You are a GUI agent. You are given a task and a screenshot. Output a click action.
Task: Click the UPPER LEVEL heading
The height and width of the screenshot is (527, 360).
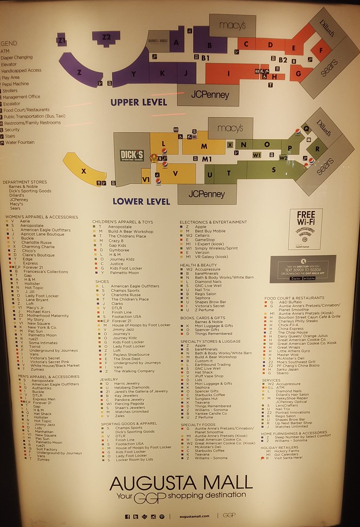click(x=139, y=102)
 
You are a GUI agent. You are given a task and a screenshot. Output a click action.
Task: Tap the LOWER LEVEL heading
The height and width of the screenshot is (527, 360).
click(x=141, y=201)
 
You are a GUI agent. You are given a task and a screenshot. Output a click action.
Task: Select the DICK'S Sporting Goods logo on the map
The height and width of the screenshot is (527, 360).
click(x=132, y=155)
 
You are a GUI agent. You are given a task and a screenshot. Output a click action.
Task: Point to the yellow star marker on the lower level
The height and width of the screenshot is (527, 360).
click(x=153, y=159)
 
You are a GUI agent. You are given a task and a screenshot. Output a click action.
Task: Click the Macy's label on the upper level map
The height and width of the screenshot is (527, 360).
click(x=232, y=25)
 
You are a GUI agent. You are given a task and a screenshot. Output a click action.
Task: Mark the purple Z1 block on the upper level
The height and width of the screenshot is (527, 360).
click(x=61, y=40)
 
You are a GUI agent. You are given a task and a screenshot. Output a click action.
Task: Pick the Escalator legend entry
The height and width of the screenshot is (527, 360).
click(x=12, y=103)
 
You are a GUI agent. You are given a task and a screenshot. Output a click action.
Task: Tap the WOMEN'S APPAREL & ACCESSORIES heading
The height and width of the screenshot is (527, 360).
click(x=41, y=217)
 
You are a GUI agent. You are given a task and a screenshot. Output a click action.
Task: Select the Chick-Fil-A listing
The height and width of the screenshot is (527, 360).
click(x=288, y=325)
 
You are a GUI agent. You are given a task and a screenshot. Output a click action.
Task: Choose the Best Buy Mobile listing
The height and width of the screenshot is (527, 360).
click(x=210, y=231)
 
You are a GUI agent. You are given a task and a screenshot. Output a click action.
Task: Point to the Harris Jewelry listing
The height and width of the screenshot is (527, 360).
click(x=127, y=383)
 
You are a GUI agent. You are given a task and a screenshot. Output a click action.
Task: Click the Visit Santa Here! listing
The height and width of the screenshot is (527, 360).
click(x=288, y=458)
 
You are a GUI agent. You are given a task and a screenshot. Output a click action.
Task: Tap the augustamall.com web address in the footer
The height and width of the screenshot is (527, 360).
click(x=194, y=516)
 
